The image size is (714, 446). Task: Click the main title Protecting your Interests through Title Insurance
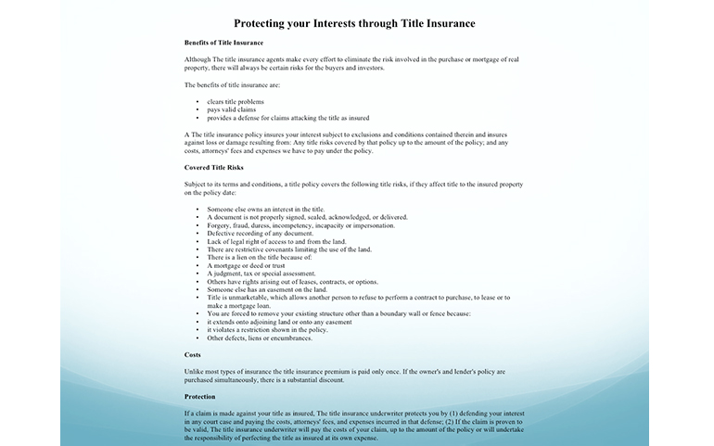[356, 22]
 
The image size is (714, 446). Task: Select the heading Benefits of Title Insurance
[223, 43]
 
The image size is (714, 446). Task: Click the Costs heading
[193, 355]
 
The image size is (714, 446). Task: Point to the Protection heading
[199, 396]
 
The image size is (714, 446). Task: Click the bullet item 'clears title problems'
[236, 102]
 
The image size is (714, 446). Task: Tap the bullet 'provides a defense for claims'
[287, 118]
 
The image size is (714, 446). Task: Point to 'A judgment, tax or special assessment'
[261, 274]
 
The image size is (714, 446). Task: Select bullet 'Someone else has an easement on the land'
[267, 289]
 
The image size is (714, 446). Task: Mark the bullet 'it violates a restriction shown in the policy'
[267, 329]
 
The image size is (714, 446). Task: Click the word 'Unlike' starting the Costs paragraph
[194, 371]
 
